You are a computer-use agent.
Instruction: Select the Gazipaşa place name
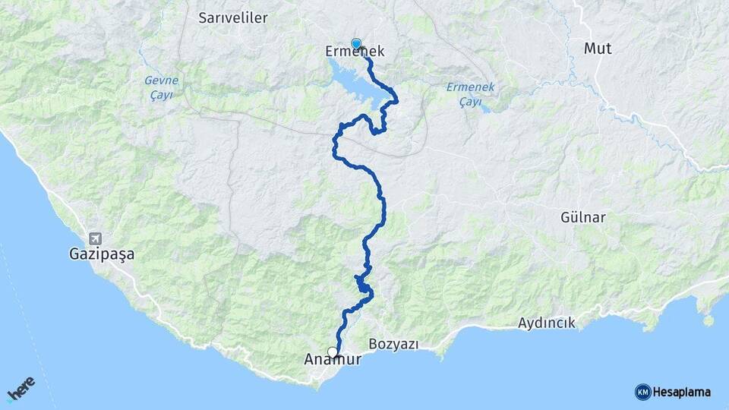point(100,255)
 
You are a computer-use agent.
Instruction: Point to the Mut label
point(598,49)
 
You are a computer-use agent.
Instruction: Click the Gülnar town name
point(583,218)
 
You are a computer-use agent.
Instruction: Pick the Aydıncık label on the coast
point(547,323)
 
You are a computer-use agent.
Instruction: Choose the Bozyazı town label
point(393,344)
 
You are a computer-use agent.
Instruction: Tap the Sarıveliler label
point(229,17)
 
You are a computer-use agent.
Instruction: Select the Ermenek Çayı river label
point(470,95)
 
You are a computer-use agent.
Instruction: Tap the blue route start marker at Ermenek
point(356,43)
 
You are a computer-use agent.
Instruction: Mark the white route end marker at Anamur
point(332,352)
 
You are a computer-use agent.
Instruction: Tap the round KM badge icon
point(642,392)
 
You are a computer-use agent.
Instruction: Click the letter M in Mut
point(590,49)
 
